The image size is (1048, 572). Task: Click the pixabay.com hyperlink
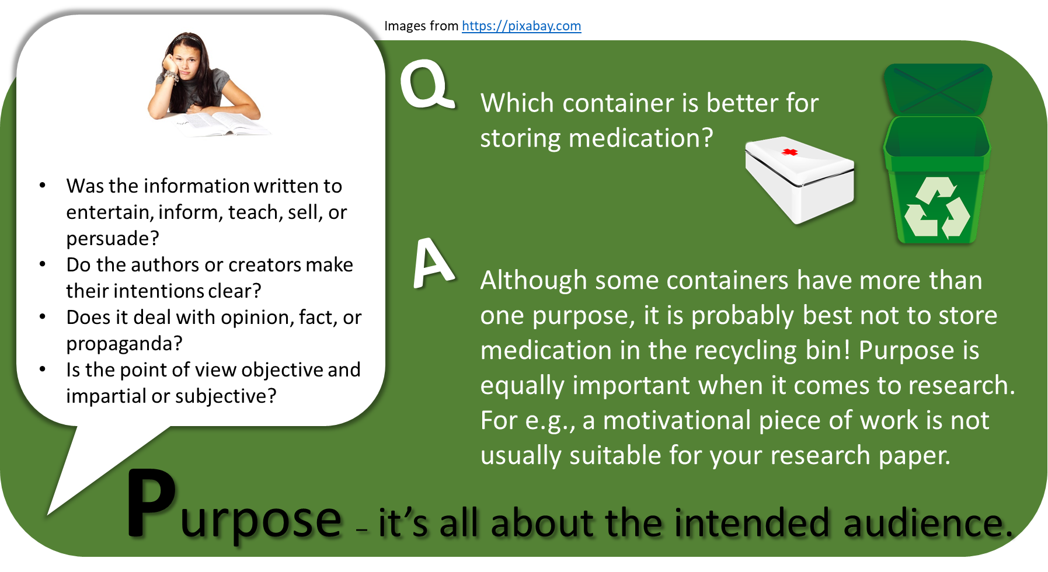click(521, 26)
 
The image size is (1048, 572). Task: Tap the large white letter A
click(433, 263)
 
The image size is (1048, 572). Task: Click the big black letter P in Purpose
click(151, 503)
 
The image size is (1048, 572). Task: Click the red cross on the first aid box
click(790, 152)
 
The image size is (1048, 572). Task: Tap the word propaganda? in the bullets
click(124, 344)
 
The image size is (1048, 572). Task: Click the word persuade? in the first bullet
click(113, 239)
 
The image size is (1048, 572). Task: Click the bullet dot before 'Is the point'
click(42, 369)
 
